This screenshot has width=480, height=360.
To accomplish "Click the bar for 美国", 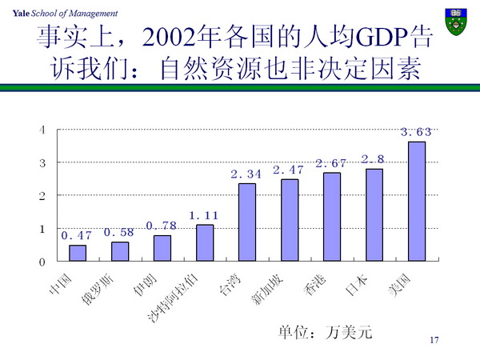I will pyautogui.click(x=417, y=202).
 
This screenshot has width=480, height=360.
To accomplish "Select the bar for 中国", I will pyautogui.click(x=78, y=253).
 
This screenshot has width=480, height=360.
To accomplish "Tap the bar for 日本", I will pyautogui.click(x=374, y=215).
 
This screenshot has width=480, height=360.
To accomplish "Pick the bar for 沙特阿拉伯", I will pyautogui.click(x=205, y=242).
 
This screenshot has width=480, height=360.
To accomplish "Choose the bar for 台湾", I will pyautogui.click(x=247, y=222).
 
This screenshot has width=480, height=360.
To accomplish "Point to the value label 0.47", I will pyautogui.click(x=77, y=235).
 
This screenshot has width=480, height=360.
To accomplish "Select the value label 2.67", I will pyautogui.click(x=331, y=163).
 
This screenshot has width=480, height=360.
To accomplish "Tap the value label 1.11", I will pyautogui.click(x=205, y=215).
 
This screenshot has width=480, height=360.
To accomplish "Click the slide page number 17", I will pyautogui.click(x=435, y=341).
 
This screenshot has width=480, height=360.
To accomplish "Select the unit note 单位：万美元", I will pyautogui.click(x=326, y=331).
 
